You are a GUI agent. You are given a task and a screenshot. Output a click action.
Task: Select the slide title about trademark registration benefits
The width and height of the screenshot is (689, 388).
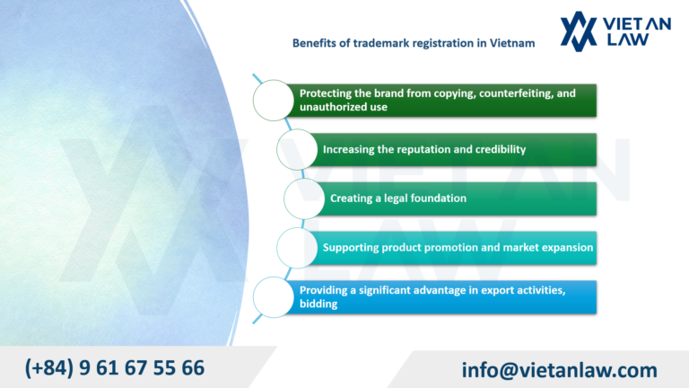click(x=414, y=42)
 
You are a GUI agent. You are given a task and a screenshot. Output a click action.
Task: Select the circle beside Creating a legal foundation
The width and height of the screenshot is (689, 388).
click(x=306, y=198)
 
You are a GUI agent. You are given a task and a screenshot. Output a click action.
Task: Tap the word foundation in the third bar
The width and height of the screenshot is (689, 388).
click(x=437, y=198)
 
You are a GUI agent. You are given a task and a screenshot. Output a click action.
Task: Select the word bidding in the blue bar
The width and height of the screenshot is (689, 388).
click(x=318, y=304)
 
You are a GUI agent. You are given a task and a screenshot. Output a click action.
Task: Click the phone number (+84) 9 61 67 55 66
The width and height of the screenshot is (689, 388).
click(x=114, y=368)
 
